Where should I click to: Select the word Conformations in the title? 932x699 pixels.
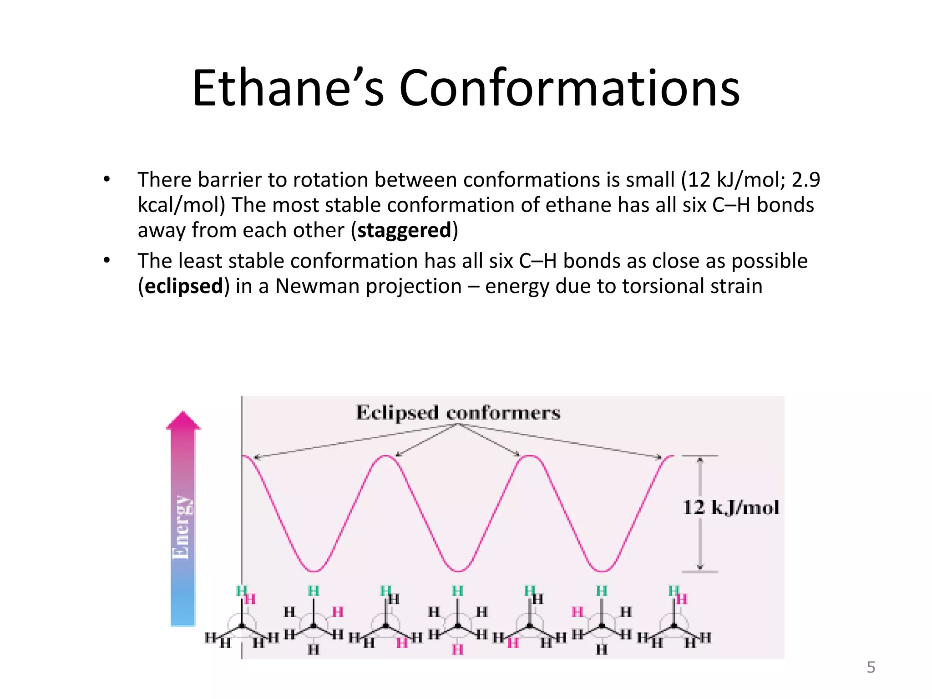pyautogui.click(x=569, y=88)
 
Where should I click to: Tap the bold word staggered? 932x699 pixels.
pyautogui.click(x=404, y=230)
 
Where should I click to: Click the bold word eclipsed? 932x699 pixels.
pyautogui.click(x=184, y=286)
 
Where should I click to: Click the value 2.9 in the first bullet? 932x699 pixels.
pyautogui.click(x=805, y=180)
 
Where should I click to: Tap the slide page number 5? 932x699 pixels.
pyautogui.click(x=871, y=667)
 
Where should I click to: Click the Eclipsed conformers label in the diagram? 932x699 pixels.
pyautogui.click(x=458, y=413)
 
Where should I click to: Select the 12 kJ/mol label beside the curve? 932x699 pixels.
pyautogui.click(x=730, y=507)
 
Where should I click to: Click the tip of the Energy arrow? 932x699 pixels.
pyautogui.click(x=183, y=413)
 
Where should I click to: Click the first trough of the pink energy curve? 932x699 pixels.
pyautogui.click(x=314, y=571)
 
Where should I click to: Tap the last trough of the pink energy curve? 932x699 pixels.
pyautogui.click(x=602, y=571)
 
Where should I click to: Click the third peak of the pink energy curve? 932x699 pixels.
pyautogui.click(x=530, y=456)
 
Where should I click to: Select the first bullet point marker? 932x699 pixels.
pyautogui.click(x=106, y=179)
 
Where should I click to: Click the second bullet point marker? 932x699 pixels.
pyautogui.click(x=106, y=261)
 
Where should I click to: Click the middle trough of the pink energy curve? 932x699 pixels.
pyautogui.click(x=458, y=571)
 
